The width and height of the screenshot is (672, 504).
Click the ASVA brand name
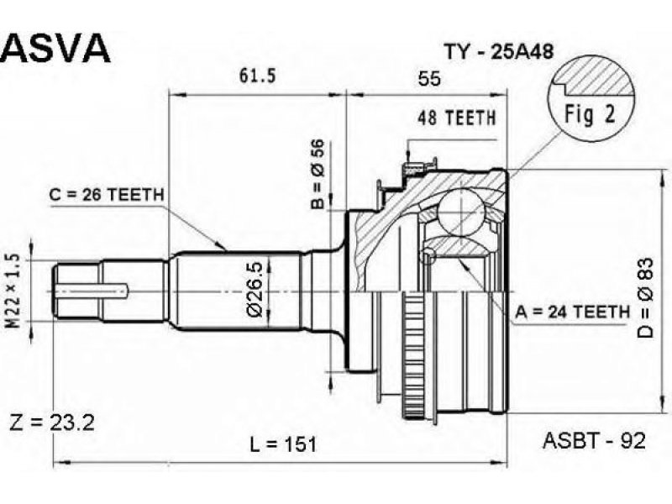pos(57,48)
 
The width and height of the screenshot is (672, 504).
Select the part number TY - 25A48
pos(499,52)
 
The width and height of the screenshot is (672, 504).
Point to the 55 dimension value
pos(429,79)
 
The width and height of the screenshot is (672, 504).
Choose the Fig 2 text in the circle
pos(590,113)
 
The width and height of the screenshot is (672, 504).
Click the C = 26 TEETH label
pos(107,195)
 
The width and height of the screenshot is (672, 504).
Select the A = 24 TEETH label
pos(573,312)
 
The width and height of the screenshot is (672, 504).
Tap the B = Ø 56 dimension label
pos(318,175)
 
